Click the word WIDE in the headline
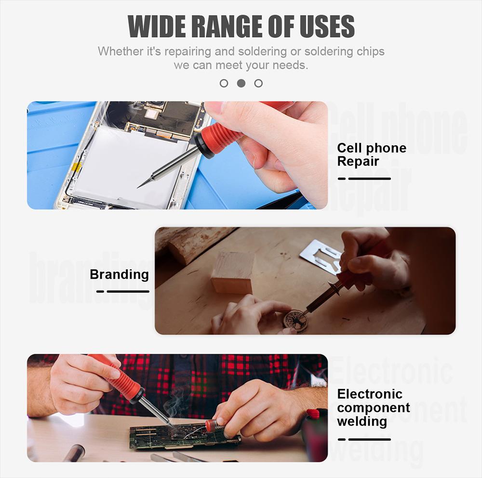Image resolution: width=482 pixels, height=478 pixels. (157, 26)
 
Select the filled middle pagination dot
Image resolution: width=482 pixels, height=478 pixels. (241, 83)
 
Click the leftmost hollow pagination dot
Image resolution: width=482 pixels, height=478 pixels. (224, 83)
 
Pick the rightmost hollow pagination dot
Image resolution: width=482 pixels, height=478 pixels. (258, 83)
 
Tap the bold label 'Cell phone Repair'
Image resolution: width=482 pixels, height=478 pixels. (372, 155)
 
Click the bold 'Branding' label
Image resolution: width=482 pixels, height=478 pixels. (119, 274)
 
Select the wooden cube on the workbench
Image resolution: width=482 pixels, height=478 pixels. (233, 272)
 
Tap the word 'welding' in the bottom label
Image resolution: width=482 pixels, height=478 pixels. (362, 421)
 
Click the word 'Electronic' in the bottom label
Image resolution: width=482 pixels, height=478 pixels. (370, 394)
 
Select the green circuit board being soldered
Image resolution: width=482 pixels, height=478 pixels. (185, 436)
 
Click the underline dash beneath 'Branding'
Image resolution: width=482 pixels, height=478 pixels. (122, 291)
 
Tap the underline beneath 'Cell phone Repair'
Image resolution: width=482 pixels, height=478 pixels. (364, 179)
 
